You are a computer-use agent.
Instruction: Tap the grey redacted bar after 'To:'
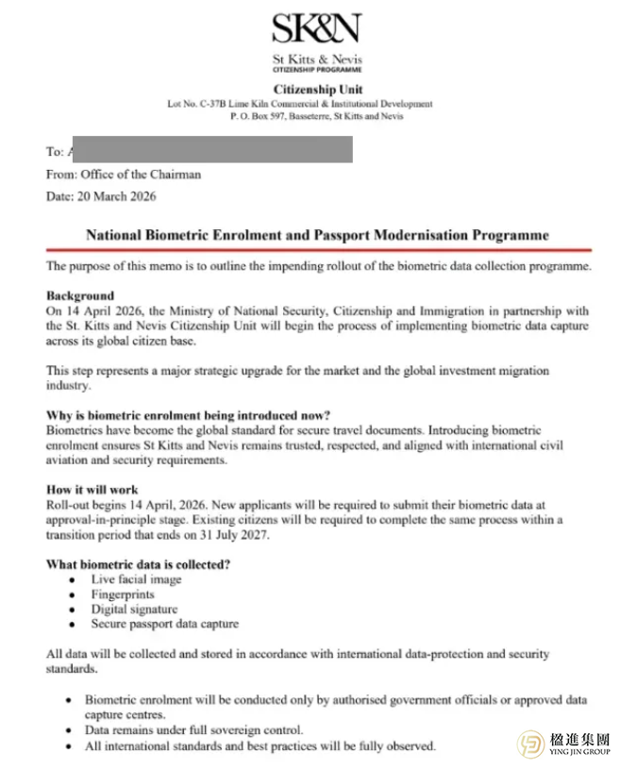pyautogui.click(x=211, y=149)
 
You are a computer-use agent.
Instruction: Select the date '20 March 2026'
pyautogui.click(x=119, y=196)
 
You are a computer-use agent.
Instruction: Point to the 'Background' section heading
pyautogui.click(x=80, y=295)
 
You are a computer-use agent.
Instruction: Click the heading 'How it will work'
pyautogui.click(x=92, y=490)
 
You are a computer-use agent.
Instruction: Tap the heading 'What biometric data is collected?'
pyautogui.click(x=139, y=564)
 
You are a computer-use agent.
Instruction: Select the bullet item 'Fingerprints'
pyautogui.click(x=123, y=594)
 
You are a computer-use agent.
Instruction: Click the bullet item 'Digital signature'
pyautogui.click(x=134, y=609)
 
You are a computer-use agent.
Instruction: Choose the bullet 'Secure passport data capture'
pyautogui.click(x=165, y=624)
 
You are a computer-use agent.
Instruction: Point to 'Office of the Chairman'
pyautogui.click(x=141, y=174)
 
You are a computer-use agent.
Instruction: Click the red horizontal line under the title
pyautogui.click(x=317, y=250)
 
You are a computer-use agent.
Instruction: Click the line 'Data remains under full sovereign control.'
pyautogui.click(x=194, y=729)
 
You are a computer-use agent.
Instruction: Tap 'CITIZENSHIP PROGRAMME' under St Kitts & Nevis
pyautogui.click(x=317, y=71)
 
